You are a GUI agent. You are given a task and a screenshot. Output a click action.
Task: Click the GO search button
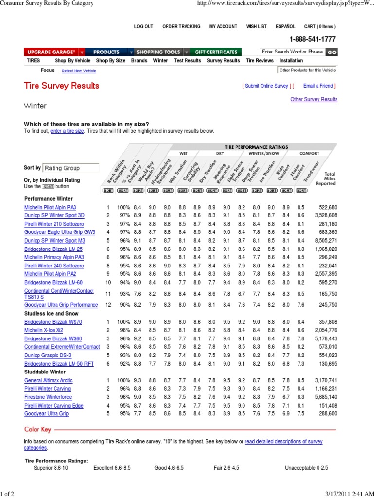[x=331, y=52]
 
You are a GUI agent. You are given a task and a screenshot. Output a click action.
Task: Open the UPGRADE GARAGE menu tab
[x=51, y=52]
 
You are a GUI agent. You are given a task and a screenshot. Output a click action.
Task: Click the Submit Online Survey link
[x=266, y=86]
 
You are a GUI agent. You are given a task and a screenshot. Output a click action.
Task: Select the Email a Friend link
[x=318, y=86]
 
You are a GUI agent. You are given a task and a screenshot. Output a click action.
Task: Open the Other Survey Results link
[x=314, y=99]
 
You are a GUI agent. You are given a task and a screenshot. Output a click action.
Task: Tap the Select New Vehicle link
[x=79, y=71]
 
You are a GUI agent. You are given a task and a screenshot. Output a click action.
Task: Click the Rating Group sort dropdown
[x=69, y=168]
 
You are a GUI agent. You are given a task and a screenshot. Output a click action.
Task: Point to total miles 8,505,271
[x=321, y=240]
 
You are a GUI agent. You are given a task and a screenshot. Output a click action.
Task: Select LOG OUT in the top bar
[x=144, y=27]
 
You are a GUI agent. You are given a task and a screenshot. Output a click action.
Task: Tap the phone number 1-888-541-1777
[x=312, y=39]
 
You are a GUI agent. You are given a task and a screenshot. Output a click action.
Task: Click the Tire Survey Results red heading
[x=62, y=86]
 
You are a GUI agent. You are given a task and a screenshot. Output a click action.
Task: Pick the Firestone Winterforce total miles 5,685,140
[x=321, y=397]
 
